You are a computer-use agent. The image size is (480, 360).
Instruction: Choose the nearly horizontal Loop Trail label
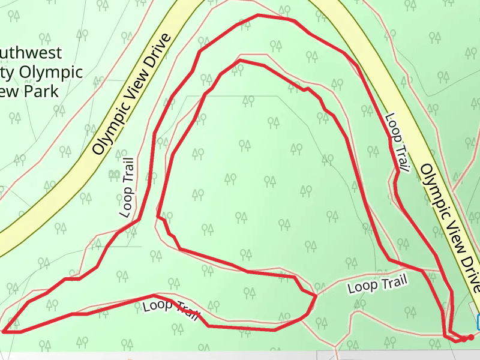tap(377, 284)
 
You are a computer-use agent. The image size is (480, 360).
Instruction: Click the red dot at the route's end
tap(471, 338)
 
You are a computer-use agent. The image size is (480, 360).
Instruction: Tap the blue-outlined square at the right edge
tap(478, 322)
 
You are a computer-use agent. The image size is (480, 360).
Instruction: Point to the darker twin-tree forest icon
tap(113, 174)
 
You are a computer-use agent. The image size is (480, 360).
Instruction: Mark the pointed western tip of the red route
tap(4, 331)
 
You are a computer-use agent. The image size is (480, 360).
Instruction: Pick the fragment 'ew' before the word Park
tap(6, 91)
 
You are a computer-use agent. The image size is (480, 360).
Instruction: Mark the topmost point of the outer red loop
tap(258, 15)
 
